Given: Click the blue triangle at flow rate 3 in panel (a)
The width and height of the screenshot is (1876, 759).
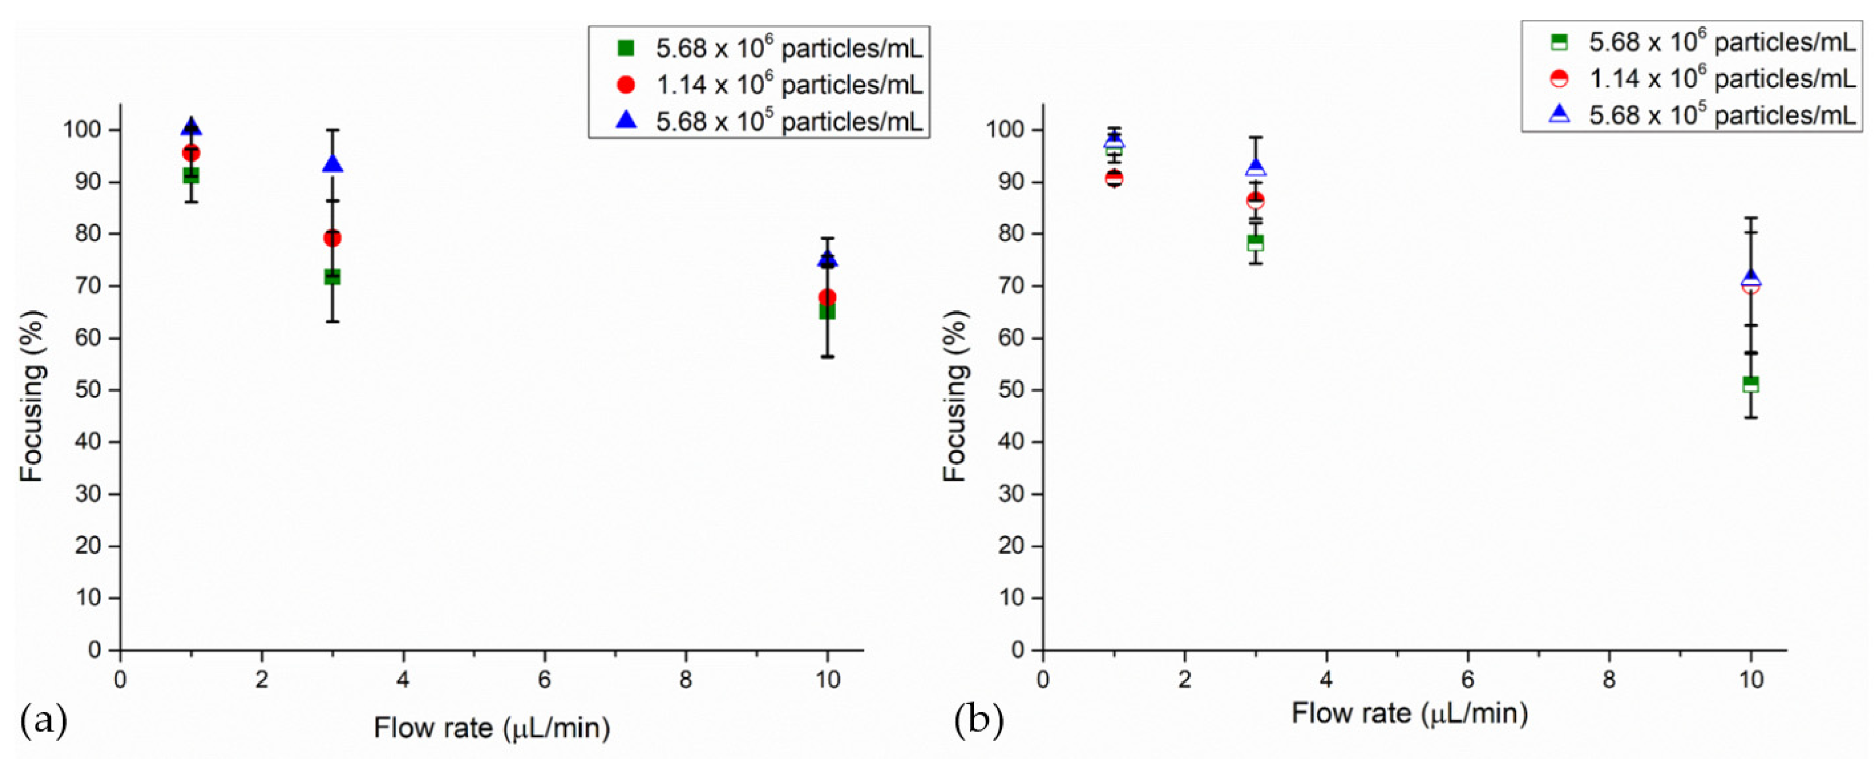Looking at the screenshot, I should click(333, 164).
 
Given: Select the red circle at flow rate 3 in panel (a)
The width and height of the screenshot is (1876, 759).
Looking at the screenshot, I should click(333, 238).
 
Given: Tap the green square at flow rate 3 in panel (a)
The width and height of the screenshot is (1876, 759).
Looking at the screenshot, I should click(333, 277).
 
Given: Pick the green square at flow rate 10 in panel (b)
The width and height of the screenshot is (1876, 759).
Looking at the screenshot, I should click(1751, 384).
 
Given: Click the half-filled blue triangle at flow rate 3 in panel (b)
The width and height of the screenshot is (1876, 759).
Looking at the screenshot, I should click(1256, 167).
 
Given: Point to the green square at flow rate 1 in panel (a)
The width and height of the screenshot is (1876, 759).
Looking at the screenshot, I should click(191, 175).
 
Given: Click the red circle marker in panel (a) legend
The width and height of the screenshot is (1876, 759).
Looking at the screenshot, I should click(626, 85).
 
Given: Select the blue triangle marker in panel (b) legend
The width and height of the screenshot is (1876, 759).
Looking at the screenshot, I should click(1559, 113).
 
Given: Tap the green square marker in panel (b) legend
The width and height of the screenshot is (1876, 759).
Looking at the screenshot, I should click(1559, 42).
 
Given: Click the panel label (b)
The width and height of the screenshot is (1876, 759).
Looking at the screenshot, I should click(979, 720).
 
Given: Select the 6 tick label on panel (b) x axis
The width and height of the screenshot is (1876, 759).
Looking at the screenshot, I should click(1467, 680).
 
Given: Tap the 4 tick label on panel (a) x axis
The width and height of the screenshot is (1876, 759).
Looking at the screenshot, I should click(403, 680).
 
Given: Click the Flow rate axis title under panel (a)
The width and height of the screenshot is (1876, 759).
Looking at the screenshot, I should click(491, 728).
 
